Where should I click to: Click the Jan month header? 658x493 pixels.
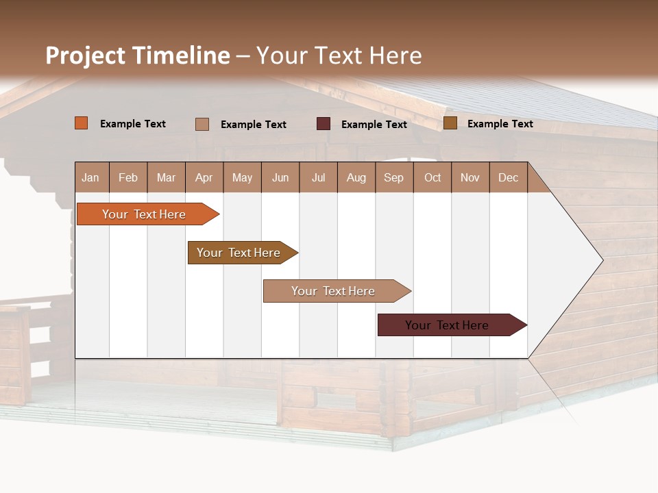pyautogui.click(x=91, y=177)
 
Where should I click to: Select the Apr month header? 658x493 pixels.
pyautogui.click(x=204, y=177)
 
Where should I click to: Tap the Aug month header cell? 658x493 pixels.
pyautogui.click(x=356, y=177)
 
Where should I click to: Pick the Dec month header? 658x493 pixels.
pyautogui.click(x=508, y=177)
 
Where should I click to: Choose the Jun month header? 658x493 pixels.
pyautogui.click(x=280, y=177)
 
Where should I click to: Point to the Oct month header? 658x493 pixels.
pyautogui.click(x=432, y=177)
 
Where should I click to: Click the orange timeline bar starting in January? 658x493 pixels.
pyautogui.click(x=145, y=214)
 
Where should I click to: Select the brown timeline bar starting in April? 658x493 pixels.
pyautogui.click(x=239, y=253)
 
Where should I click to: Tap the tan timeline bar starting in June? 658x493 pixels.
pyautogui.click(x=334, y=291)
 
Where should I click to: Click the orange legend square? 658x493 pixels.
pyautogui.click(x=82, y=123)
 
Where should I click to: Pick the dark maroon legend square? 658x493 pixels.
pyautogui.click(x=324, y=124)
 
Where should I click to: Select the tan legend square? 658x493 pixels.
pyautogui.click(x=202, y=124)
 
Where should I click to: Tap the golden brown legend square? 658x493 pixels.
pyautogui.click(x=450, y=123)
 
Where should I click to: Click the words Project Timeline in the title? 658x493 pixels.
pyautogui.click(x=138, y=55)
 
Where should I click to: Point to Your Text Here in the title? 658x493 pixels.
pyautogui.click(x=339, y=55)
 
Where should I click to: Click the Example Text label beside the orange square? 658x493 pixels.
pyautogui.click(x=133, y=124)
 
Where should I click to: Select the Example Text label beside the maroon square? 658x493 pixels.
pyautogui.click(x=374, y=125)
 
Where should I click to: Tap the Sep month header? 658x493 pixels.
pyautogui.click(x=394, y=177)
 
